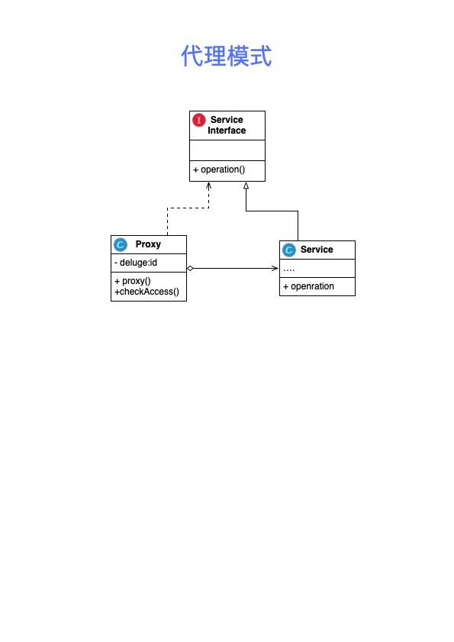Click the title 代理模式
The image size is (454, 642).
[x=227, y=56]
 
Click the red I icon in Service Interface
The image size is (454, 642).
[x=199, y=120]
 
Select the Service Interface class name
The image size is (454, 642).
[x=227, y=125]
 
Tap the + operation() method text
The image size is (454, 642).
[x=219, y=169]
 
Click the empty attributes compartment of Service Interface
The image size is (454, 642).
[x=227, y=150]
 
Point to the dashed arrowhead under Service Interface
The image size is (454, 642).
[x=209, y=186]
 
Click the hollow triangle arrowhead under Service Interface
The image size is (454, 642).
[x=246, y=186]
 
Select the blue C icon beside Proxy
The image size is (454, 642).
[x=121, y=244]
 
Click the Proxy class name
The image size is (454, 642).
[x=148, y=244]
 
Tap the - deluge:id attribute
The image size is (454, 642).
[x=136, y=263]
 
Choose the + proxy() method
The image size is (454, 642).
[x=133, y=281]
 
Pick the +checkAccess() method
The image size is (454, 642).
[x=147, y=292]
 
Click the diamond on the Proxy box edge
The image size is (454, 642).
[x=190, y=268]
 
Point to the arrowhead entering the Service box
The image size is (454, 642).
[x=275, y=268]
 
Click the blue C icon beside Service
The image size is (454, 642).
[x=289, y=250]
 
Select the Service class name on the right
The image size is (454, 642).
[x=317, y=250]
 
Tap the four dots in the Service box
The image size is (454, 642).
[x=289, y=270]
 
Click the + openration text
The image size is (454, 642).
[x=309, y=286]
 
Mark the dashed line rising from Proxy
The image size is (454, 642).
[x=167, y=221]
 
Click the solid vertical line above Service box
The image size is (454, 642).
[x=298, y=226]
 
